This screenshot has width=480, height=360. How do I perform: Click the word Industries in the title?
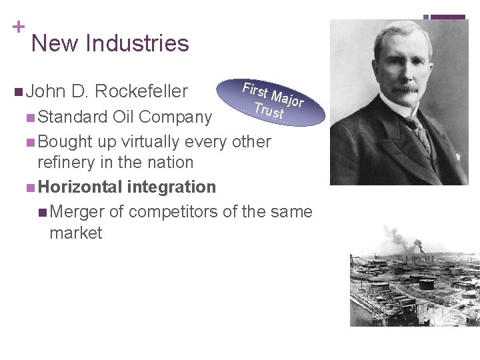coord(137,43)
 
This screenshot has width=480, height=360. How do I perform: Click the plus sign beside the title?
coord(18,27)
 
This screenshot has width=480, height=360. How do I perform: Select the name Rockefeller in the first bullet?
coord(141,91)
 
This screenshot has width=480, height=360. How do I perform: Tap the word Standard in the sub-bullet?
coord(73,117)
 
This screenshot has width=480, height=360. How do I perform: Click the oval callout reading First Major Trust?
coord(274,102)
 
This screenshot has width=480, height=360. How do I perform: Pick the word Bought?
coord(65,142)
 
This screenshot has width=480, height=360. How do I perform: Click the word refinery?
coord(67,163)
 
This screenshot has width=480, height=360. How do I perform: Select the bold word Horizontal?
coord(80,187)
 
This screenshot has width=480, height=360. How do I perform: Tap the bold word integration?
coord(171,187)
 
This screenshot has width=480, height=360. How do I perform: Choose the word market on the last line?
coord(76,233)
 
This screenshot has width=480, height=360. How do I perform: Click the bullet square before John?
coord(17,91)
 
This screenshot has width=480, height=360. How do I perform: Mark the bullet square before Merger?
coord(42,213)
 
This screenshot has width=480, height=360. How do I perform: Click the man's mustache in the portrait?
coord(405,87)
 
